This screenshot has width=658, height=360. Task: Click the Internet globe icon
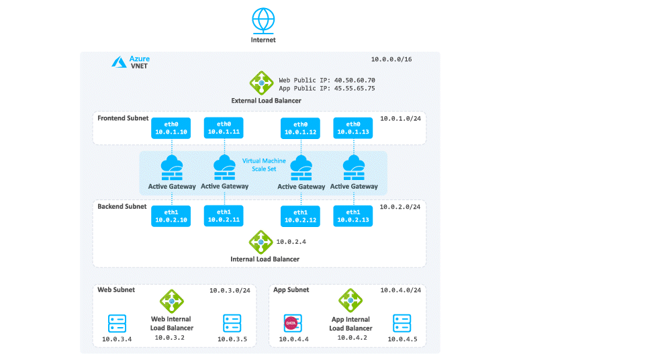click(x=263, y=19)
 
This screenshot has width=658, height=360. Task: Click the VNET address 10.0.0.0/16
click(x=391, y=60)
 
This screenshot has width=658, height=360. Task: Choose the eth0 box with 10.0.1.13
click(x=352, y=128)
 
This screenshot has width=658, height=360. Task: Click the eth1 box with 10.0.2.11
click(x=224, y=216)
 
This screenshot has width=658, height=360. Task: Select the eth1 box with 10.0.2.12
click(x=301, y=216)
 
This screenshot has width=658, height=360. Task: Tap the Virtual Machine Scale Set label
click(x=264, y=165)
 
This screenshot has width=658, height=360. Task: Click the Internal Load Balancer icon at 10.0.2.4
click(x=260, y=241)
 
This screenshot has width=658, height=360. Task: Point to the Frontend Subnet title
click(x=122, y=118)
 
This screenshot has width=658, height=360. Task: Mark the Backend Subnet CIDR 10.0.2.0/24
click(x=400, y=207)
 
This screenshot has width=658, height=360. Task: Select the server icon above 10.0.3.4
click(x=117, y=324)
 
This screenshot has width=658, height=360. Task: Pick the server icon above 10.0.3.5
click(x=232, y=324)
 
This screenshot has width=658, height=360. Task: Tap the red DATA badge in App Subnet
click(x=291, y=323)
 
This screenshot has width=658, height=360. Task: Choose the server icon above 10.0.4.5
click(x=402, y=324)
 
